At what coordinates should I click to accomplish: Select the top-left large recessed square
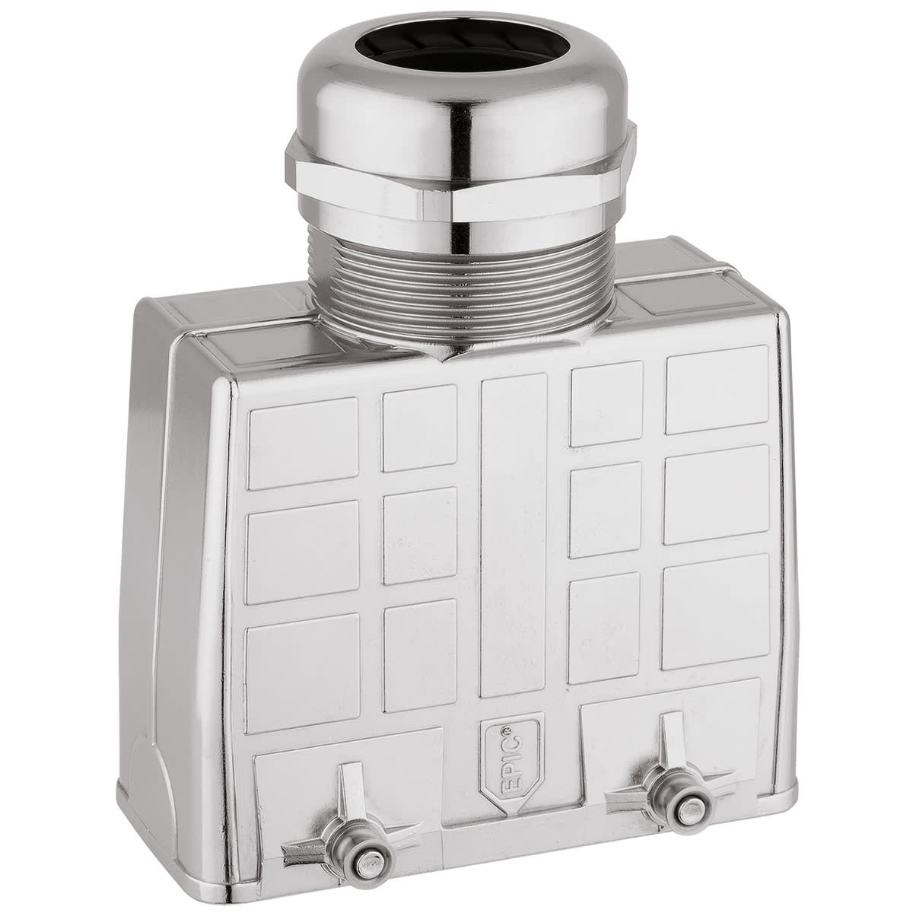tap(302, 442)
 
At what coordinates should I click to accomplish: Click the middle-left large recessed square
tap(302, 552)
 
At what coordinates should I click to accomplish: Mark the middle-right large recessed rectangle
tap(717, 495)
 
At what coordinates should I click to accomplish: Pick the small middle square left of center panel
tap(419, 536)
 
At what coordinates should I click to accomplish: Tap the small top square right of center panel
tap(606, 403)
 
